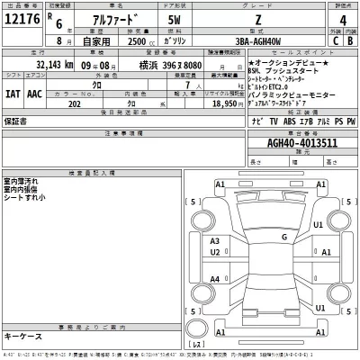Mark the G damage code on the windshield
(x=284, y=237)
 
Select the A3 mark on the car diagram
(x=214, y=241)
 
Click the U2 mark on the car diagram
(x=214, y=253)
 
